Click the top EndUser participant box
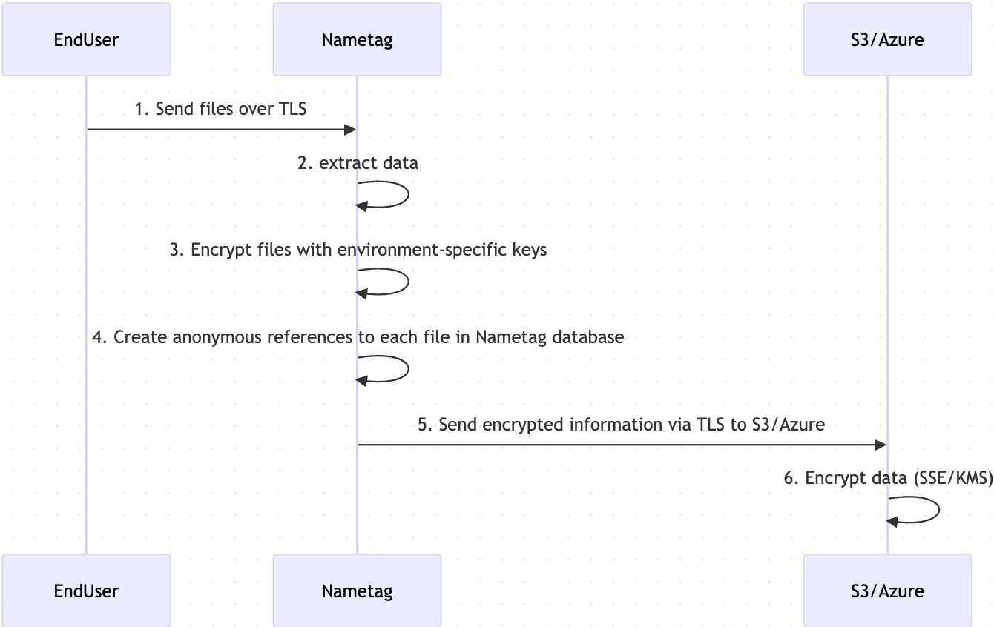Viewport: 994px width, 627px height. pos(86,39)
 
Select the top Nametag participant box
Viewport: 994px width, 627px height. pos(357,39)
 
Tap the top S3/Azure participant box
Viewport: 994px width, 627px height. pos(887,39)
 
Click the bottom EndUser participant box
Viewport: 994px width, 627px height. pos(86,591)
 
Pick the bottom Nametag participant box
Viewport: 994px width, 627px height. pos(357,591)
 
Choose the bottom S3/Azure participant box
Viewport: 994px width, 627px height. pos(887,591)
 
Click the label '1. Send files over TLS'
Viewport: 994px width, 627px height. pos(220,109)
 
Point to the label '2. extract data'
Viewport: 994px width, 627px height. pos(358,163)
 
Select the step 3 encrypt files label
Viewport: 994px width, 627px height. pos(358,250)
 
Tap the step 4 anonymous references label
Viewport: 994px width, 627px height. pos(358,337)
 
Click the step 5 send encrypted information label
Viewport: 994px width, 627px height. pos(621,425)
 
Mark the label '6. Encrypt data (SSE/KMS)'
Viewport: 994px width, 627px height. pos(888,478)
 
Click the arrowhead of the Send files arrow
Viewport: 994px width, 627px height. pos(351,130)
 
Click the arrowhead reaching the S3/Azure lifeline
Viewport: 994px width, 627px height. pos(881,445)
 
